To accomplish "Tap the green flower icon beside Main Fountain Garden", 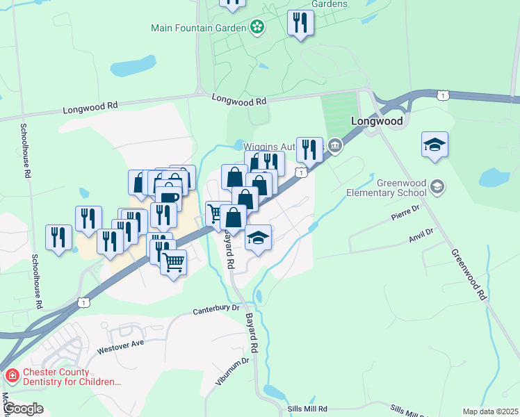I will coord(257,28).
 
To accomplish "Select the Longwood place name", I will coord(377,121).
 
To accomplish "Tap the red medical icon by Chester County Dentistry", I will coord(12,376).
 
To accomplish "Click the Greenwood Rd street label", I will coord(469,275).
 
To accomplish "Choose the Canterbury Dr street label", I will coord(216,307).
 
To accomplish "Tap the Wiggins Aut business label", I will coord(268,147).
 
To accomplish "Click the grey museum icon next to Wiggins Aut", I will coord(335,145).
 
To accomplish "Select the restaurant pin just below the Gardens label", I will coord(300,22).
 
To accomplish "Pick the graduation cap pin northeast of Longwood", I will coord(434,145).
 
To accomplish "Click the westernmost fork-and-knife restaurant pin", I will coord(58,236).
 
